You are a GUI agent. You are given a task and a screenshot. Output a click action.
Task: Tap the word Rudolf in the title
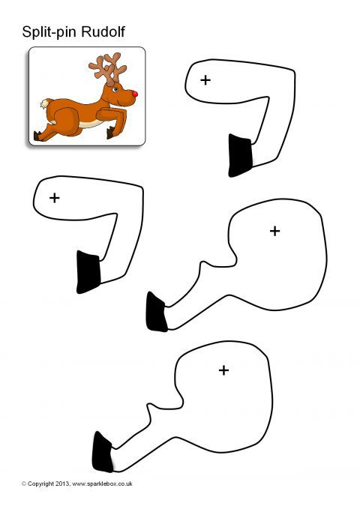tap(103, 31)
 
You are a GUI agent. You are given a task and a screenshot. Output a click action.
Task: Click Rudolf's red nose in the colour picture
tap(134, 94)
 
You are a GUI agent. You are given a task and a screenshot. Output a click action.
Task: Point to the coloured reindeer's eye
tap(115, 89)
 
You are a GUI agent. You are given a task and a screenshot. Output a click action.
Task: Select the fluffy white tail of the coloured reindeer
tap(44, 103)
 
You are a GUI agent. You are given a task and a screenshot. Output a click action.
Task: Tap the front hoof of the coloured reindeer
tap(110, 133)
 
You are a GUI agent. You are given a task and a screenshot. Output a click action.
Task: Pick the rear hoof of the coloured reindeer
tap(37, 136)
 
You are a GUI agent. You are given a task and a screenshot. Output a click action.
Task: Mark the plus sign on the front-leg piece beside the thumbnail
tap(205, 80)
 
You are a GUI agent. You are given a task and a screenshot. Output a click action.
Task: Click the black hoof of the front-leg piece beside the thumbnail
tap(240, 156)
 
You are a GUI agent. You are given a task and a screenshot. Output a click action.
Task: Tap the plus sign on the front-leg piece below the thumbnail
tap(55, 198)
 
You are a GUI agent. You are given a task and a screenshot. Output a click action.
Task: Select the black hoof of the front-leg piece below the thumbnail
tap(88, 272)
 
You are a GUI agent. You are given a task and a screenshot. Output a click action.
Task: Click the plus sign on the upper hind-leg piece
tap(274, 231)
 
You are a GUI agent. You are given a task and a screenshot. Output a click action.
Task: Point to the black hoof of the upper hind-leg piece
tap(156, 313)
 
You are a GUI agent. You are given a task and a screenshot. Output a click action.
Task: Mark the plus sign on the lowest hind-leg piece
tap(223, 370)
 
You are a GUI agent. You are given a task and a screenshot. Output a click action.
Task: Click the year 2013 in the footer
tap(62, 484)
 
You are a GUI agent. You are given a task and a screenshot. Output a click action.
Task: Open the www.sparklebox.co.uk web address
tap(102, 484)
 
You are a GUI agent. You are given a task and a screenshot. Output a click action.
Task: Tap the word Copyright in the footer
tap(40, 484)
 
